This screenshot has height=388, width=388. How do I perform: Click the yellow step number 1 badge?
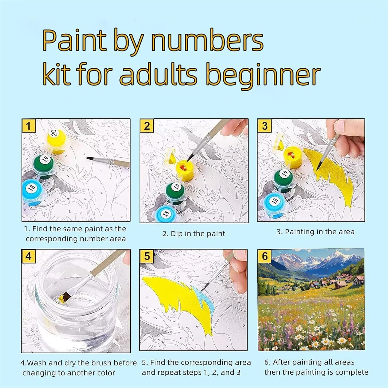(x=28, y=126)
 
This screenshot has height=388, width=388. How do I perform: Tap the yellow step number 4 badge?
(x=28, y=256)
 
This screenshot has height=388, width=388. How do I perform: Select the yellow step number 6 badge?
(x=265, y=256)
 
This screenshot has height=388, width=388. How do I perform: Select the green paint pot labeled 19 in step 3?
(x=283, y=178)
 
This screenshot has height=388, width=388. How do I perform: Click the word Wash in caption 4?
(x=37, y=363)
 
